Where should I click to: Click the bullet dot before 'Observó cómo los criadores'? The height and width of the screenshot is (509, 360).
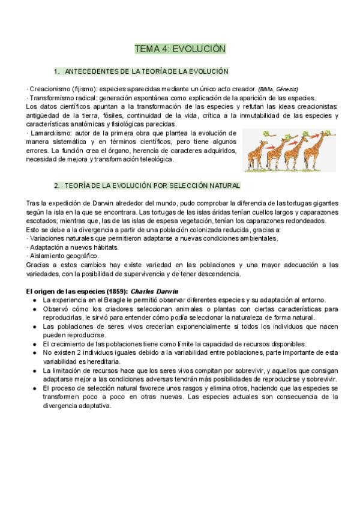(x=37, y=309)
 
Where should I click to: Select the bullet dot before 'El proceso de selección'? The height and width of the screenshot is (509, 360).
(x=37, y=388)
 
